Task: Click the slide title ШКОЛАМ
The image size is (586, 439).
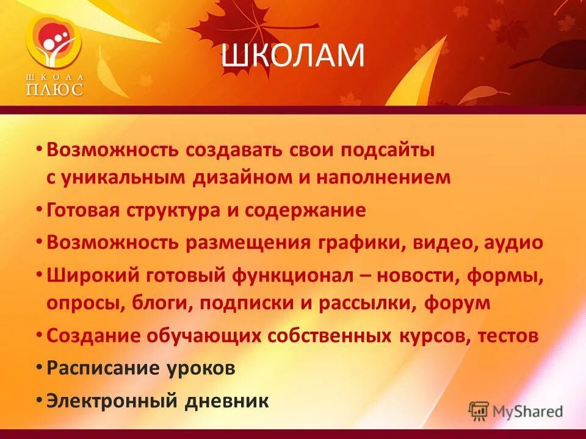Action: point(292,56)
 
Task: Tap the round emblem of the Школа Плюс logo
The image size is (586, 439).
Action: point(54,43)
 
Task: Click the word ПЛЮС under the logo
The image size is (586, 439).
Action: point(54,89)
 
